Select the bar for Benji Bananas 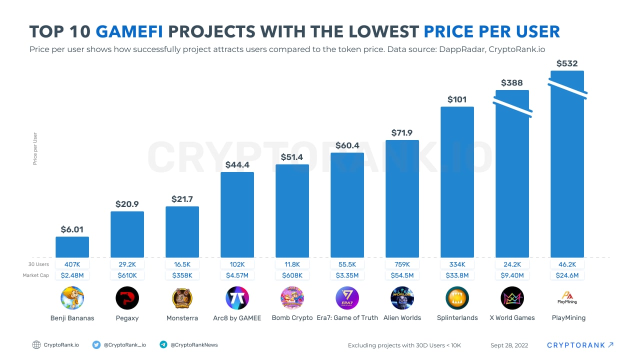pyautogui.click(x=72, y=247)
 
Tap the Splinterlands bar pyautogui.click(x=457, y=182)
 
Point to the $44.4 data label pyautogui.click(x=237, y=164)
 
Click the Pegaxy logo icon pyautogui.click(x=127, y=298)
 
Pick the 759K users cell pyautogui.click(x=402, y=264)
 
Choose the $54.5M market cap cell pyautogui.click(x=402, y=275)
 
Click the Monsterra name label pyautogui.click(x=182, y=318)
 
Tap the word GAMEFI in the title pyautogui.click(x=129, y=31)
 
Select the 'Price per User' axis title pyautogui.click(x=35, y=148)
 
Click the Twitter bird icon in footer pyautogui.click(x=96, y=344)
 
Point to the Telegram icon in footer pyautogui.click(x=163, y=344)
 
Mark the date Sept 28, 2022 pyautogui.click(x=509, y=345)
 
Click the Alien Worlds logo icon pyautogui.click(x=402, y=298)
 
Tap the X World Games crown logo pyautogui.click(x=512, y=298)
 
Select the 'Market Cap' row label pyautogui.click(x=35, y=275)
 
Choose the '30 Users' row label pyautogui.click(x=38, y=264)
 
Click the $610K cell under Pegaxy pyautogui.click(x=127, y=275)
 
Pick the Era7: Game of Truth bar pyautogui.click(x=347, y=205)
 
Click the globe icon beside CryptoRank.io pyautogui.click(x=36, y=344)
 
